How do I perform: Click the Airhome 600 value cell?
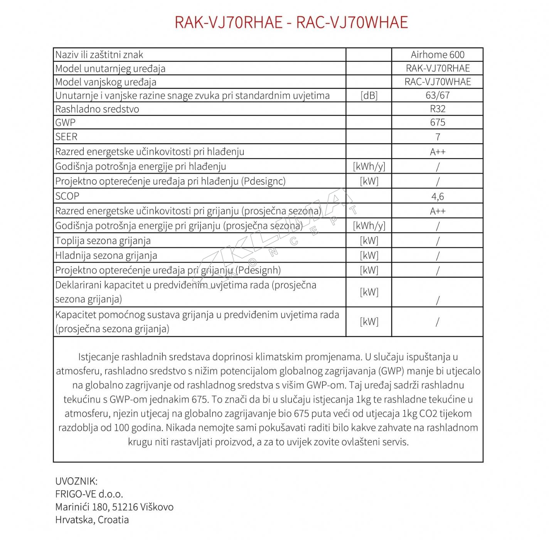click(x=437, y=55)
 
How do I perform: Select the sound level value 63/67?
click(x=437, y=95)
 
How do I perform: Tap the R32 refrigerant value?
click(x=437, y=109)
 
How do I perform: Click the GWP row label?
click(x=65, y=123)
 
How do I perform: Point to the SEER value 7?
click(x=437, y=137)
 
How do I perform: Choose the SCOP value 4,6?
click(x=437, y=196)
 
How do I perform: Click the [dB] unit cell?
click(x=369, y=96)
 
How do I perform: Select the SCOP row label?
click(x=67, y=196)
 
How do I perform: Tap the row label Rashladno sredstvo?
click(x=97, y=109)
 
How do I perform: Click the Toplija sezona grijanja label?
click(x=103, y=241)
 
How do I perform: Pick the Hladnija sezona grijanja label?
click(x=106, y=255)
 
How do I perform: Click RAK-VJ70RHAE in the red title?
click(x=229, y=22)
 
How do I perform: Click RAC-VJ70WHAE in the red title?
click(x=352, y=22)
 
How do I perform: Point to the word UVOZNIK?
click(x=76, y=481)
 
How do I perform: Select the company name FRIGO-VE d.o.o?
click(x=89, y=494)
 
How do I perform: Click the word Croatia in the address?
click(x=113, y=520)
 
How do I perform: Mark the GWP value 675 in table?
click(x=437, y=122)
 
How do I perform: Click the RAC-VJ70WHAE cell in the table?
click(x=437, y=82)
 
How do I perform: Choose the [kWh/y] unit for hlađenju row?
click(x=369, y=167)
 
